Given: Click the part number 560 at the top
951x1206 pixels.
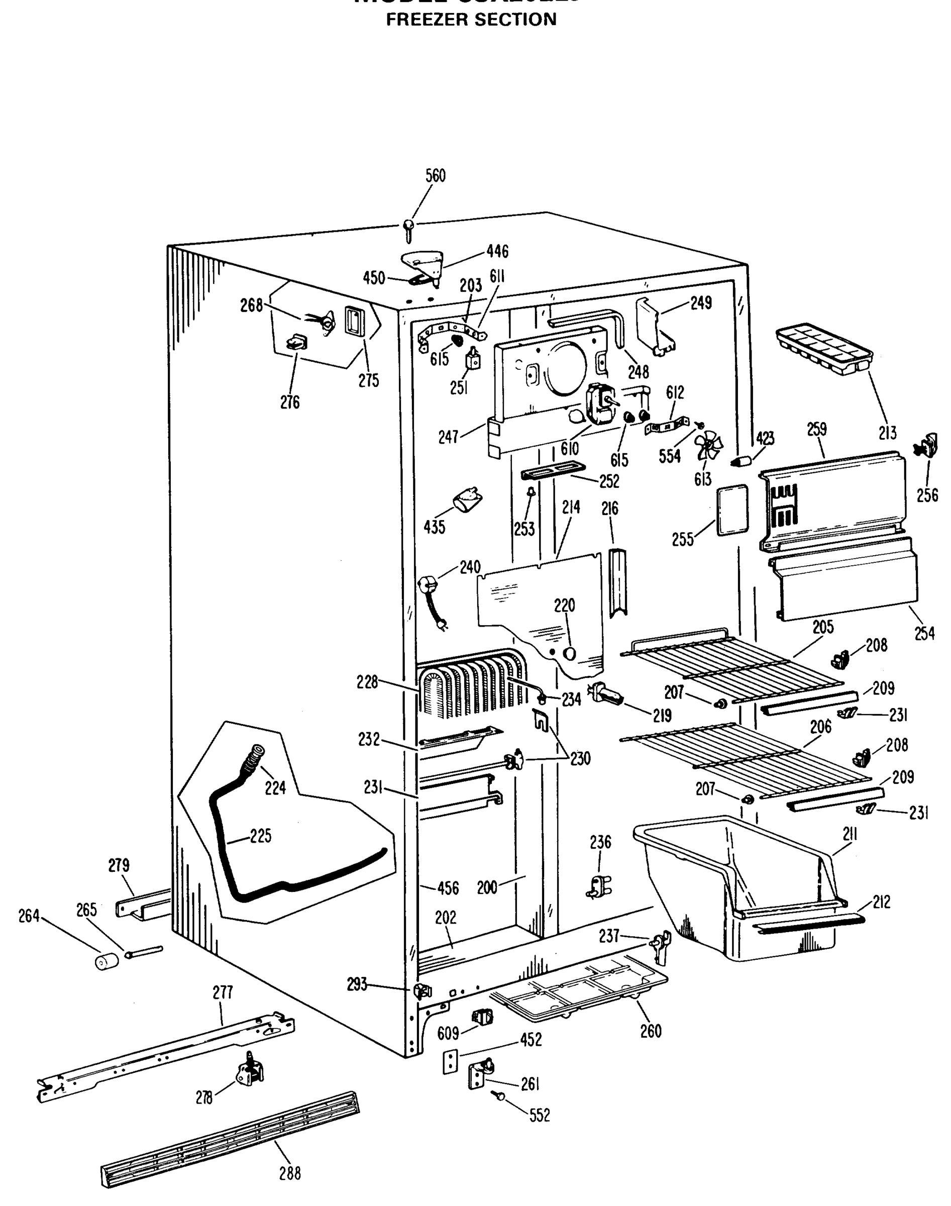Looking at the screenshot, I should click(436, 176).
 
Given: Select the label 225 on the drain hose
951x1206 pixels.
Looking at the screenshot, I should click(260, 836).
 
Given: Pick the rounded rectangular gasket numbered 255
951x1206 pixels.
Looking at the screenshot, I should click(731, 510).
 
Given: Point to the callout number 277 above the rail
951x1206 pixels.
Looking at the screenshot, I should click(223, 992).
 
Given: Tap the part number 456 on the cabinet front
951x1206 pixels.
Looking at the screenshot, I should click(448, 888).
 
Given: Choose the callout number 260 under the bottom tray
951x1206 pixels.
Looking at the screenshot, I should click(651, 1031).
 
